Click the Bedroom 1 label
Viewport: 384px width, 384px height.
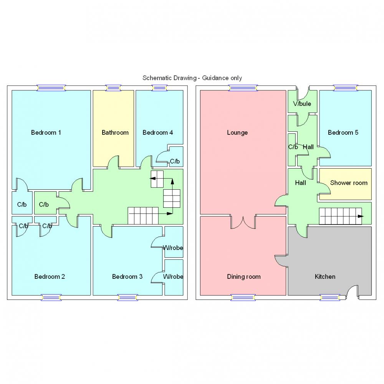[46, 132]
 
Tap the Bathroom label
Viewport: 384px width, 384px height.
[115, 132]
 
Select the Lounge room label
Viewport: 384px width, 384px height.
[237, 132]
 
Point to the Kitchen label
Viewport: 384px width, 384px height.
[325, 276]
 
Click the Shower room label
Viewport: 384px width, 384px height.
[349, 183]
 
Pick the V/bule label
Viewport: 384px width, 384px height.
[302, 104]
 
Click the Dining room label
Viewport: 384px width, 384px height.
[243, 276]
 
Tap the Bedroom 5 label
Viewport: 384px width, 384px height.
[343, 132]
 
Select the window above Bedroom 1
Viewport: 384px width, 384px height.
[51, 88]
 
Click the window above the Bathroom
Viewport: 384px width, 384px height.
[113, 88]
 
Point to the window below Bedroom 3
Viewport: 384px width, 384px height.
[128, 297]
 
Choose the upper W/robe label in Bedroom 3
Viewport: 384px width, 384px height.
[173, 248]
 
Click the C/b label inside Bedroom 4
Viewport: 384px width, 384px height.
[175, 161]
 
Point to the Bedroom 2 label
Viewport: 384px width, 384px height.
[50, 276]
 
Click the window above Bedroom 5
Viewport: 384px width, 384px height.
[345, 88]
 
